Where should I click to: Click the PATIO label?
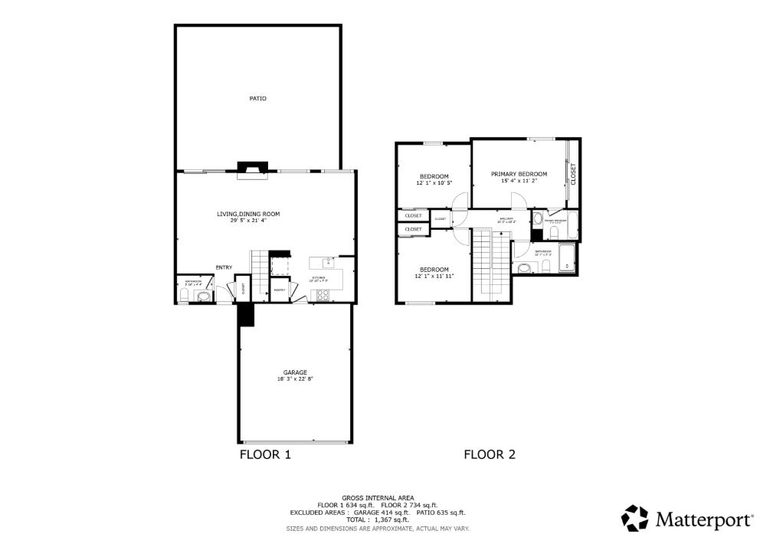257,98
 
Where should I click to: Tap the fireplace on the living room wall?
252,169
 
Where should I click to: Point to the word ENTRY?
224,267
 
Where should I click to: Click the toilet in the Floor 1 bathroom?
183,294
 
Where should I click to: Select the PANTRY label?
280,290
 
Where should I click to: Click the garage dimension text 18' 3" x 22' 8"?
295,378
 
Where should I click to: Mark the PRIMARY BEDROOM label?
519,174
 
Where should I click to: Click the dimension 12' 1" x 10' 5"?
434,184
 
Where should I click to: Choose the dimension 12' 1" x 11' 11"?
434,276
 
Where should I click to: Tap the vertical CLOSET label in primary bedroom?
572,173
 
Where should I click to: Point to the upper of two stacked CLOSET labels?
413,216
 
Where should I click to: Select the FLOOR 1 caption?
265,454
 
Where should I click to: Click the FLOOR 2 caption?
489,454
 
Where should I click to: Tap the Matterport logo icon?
634,517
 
